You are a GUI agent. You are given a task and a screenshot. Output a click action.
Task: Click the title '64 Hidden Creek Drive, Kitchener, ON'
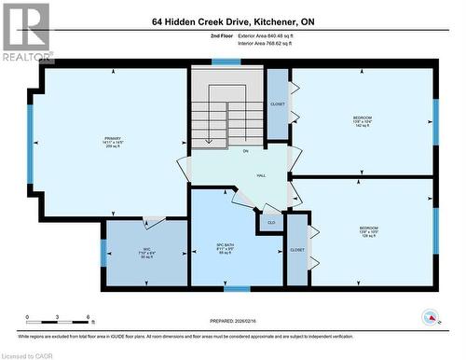point(233,20)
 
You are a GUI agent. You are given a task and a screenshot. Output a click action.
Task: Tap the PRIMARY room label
point(114,141)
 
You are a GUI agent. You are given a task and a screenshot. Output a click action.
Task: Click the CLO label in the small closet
point(270,223)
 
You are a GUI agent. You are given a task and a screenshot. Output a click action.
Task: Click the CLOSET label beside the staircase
point(278,104)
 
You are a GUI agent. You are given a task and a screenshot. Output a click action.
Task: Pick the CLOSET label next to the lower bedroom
point(297,250)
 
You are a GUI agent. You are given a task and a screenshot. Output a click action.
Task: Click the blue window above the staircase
point(226,62)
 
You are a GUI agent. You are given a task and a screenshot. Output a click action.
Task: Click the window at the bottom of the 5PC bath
point(237,288)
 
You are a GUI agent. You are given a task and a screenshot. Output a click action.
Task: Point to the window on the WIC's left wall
point(103,253)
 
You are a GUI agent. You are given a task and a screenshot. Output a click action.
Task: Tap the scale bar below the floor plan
point(58,324)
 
